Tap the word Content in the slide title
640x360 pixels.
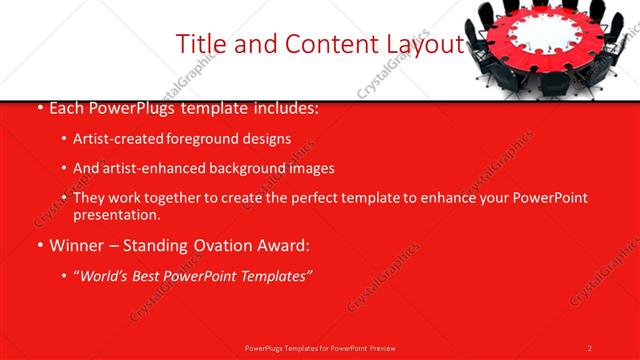(x=321, y=44)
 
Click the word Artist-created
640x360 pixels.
(x=114, y=139)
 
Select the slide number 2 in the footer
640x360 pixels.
(x=590, y=348)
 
